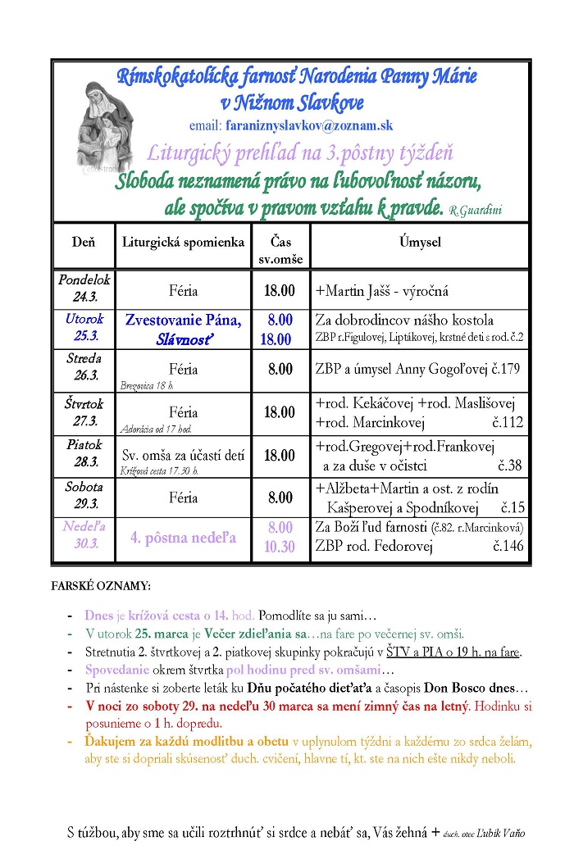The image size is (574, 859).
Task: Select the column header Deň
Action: coord(84,242)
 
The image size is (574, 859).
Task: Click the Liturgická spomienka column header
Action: coord(183,242)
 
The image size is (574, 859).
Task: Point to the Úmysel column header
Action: coord(420,242)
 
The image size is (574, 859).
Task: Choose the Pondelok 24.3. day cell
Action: coord(84,289)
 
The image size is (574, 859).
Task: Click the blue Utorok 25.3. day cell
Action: coord(84,328)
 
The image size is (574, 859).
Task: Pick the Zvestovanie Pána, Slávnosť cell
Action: coord(183,328)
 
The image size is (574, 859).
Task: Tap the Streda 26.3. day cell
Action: coord(84,367)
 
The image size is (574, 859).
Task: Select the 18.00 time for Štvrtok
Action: coord(280,412)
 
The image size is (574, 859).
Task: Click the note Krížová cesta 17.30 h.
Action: coord(159,470)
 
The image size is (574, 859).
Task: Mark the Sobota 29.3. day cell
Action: coord(84,496)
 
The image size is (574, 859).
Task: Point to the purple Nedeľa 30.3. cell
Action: coord(84,538)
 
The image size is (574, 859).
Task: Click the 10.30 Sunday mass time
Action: coord(280,547)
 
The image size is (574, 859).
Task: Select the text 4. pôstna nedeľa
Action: coord(183,538)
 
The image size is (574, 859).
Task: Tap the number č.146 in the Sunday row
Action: coord(508,547)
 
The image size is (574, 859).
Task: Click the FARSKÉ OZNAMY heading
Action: coord(101,588)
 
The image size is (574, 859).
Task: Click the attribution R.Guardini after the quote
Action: coord(476,211)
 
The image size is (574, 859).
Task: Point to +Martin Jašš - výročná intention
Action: coord(382,291)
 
